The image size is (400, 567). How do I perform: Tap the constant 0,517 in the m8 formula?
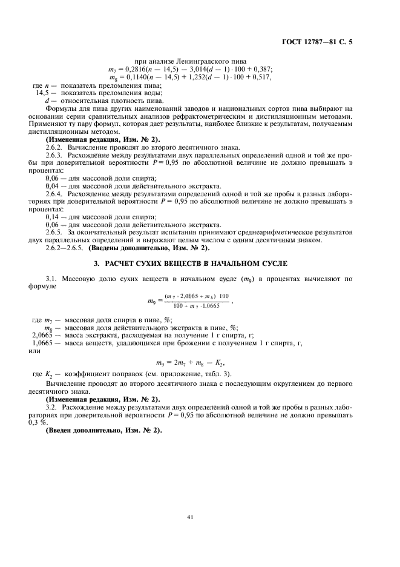click(260, 77)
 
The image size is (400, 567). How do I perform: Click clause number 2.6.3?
click(55, 154)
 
